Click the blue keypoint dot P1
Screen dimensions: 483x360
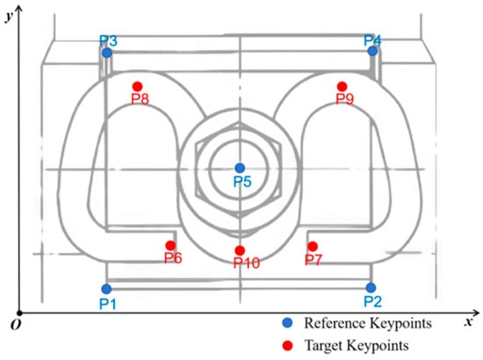click(x=106, y=289)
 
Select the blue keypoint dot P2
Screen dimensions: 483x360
click(x=371, y=288)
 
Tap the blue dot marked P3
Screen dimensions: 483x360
click(x=107, y=53)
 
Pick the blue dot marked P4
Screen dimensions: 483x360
click(x=372, y=51)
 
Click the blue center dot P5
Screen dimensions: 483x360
click(x=240, y=168)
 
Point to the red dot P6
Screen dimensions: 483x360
click(x=170, y=246)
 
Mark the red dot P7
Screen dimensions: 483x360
click(x=313, y=247)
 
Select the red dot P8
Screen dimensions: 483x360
click(x=137, y=87)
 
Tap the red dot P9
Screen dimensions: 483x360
click(x=342, y=87)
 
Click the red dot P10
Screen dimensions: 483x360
click(x=240, y=250)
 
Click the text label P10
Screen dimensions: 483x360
click(x=247, y=263)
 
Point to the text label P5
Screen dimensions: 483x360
click(x=242, y=182)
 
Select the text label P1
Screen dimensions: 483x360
click(x=108, y=304)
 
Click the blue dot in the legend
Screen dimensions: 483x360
click(x=287, y=323)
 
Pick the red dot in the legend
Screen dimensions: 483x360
click(x=287, y=345)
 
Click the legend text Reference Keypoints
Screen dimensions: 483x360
click(x=368, y=324)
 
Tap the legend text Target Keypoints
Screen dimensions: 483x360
click(x=357, y=346)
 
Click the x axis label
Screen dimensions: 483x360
click(x=469, y=322)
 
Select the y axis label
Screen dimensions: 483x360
click(x=10, y=17)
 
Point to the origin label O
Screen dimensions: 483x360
click(x=16, y=325)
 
